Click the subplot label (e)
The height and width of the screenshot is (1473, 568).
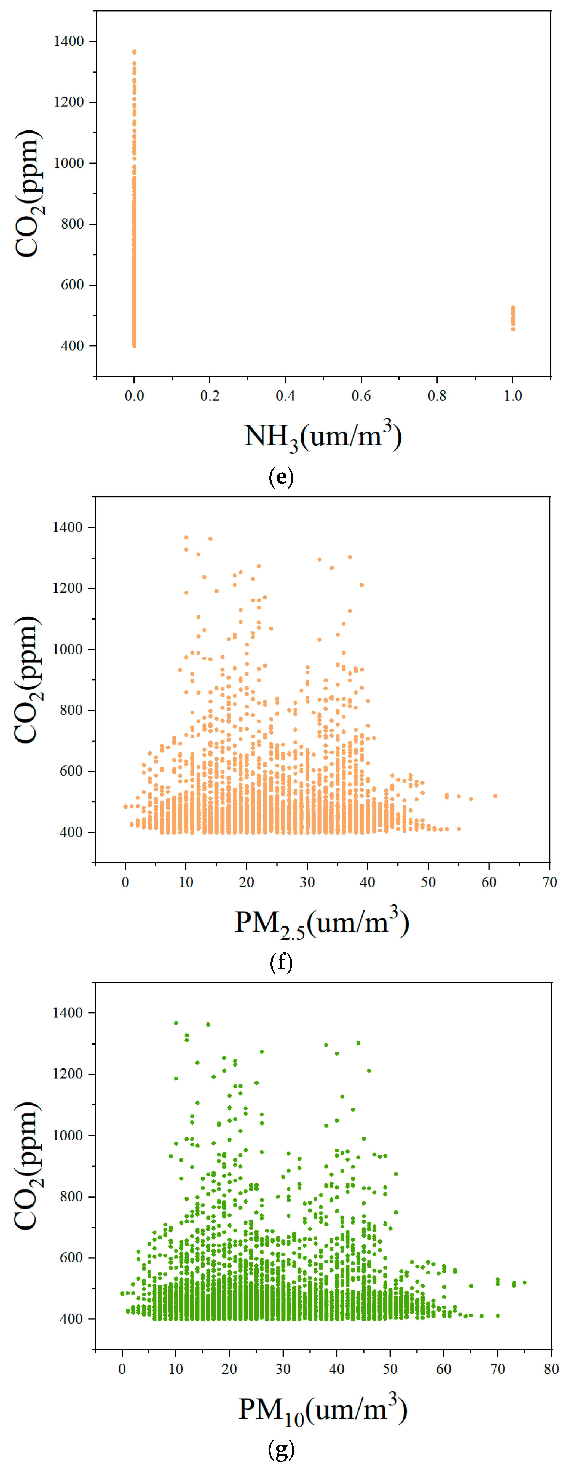pyautogui.click(x=281, y=477)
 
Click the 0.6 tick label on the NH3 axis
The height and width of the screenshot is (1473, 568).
pyautogui.click(x=361, y=396)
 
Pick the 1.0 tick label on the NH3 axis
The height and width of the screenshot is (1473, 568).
pyautogui.click(x=513, y=396)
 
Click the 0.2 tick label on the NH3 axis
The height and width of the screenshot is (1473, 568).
pyautogui.click(x=209, y=396)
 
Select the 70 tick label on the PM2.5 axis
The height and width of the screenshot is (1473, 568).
pyautogui.click(x=549, y=882)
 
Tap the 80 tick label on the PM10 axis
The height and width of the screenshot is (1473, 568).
pyautogui.click(x=551, y=1369)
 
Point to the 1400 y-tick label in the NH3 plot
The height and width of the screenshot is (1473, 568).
pyautogui.click(x=69, y=41)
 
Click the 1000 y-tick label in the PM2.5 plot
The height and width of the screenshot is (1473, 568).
pyautogui.click(x=68, y=649)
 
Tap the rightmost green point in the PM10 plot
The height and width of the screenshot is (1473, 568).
pyautogui.click(x=524, y=1282)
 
